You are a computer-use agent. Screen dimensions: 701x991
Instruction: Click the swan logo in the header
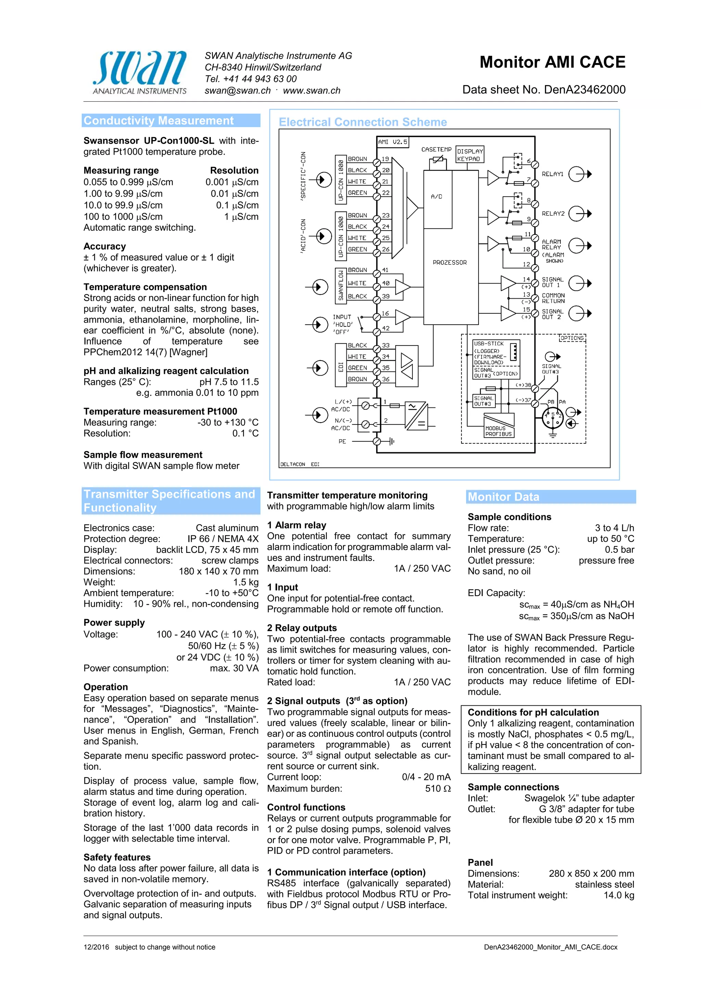coord(140,71)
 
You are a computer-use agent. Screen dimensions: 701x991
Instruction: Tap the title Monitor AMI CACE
coord(552,63)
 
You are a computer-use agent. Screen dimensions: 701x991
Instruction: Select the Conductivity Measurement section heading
coord(158,120)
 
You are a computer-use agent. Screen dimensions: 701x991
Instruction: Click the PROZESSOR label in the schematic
coord(450,262)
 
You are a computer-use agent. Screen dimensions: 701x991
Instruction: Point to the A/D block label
coord(437,197)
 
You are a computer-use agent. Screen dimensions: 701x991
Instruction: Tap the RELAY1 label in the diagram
coord(552,174)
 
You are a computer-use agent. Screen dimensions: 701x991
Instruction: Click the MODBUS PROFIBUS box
coord(498,431)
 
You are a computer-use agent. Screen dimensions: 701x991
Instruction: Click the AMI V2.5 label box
coord(392,142)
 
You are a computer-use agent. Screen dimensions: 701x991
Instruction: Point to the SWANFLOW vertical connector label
coord(341,285)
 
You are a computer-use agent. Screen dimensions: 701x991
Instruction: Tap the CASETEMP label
coord(436,149)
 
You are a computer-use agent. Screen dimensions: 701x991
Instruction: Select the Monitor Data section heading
coord(504,497)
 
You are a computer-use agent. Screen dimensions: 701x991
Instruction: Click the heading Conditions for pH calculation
coord(533,712)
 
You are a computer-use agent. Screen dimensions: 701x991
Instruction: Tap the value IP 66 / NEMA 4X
coord(222,539)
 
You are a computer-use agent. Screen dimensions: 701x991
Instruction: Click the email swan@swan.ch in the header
coord(238,91)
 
